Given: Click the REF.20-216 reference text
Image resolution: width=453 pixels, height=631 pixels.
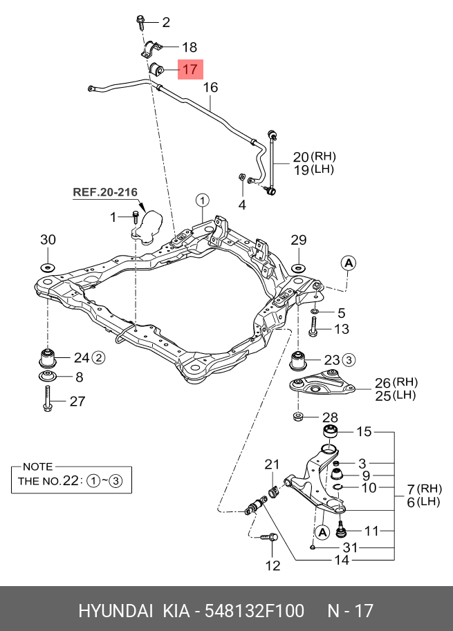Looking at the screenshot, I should [105, 192].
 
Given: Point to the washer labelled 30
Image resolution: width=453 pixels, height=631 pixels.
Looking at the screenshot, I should [48, 267].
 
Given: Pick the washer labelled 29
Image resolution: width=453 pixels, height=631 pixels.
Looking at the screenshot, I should [298, 267].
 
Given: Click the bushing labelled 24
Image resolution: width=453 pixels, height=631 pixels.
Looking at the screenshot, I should [48, 359].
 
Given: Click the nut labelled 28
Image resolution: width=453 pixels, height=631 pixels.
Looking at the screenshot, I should [297, 417].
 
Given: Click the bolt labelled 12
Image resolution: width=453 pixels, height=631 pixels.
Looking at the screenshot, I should [269, 536].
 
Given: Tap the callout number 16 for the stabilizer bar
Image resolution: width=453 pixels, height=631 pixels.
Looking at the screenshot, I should [210, 88].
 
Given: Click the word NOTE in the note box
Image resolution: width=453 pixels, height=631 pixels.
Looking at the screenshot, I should [37, 467].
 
